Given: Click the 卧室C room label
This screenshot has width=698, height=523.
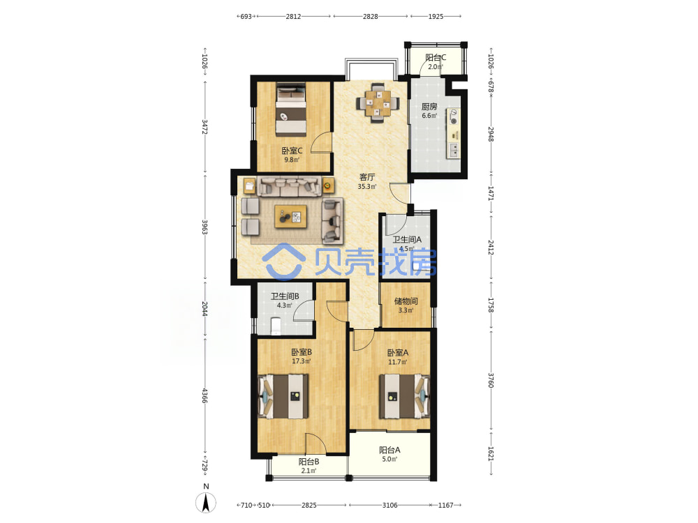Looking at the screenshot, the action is tap(292, 151).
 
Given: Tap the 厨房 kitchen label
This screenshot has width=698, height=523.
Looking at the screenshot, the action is tap(429, 107).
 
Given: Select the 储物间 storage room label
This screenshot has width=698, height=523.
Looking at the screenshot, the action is tap(406, 301).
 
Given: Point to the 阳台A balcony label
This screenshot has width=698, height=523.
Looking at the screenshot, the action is tap(389, 450).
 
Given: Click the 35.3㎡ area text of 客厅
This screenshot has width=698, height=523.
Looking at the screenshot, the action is tap(367, 187).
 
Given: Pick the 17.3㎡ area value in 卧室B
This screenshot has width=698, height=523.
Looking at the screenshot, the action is tap(301, 361).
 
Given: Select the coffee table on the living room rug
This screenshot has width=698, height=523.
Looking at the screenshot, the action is tap(290, 217).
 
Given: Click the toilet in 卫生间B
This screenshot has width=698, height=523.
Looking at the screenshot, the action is tap(276, 326).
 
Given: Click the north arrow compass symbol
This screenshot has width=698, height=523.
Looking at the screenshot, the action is tap(206, 503).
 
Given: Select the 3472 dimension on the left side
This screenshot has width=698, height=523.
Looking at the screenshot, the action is tap(205, 127).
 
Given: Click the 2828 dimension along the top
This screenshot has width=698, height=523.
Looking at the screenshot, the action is tap(371, 17).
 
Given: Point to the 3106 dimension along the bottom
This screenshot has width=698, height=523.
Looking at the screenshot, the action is tap(390, 505).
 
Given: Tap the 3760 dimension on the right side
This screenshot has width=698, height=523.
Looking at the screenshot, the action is tap(491, 380).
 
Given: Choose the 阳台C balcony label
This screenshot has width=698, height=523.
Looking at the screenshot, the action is tap(436, 58).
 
